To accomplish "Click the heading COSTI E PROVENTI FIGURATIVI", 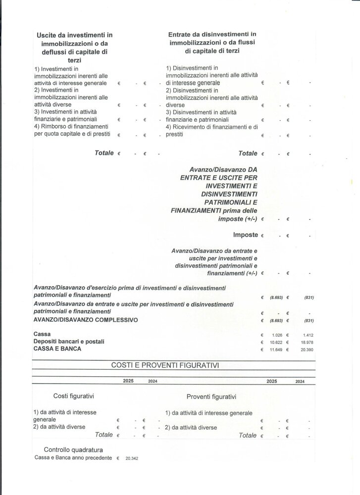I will pos(165,365).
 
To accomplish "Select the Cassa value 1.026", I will pos(276,335).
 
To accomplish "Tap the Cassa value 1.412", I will pos(309,335).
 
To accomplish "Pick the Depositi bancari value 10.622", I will pos(275,342).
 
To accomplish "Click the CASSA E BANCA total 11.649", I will pos(275,349).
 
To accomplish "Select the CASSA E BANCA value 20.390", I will pos(308,349).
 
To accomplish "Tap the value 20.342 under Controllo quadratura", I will pos(132,458).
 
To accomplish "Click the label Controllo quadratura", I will pos(73,450).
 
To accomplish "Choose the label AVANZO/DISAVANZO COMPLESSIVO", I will pos(85,320).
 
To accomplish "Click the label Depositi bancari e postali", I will pos(69,342).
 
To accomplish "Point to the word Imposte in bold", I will pos(245,235).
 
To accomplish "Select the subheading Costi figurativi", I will pos(74,396).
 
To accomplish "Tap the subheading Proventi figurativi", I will pos(211,396).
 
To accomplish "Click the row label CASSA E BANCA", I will pos(57,349).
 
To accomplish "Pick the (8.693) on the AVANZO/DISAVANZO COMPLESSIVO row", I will pos(275,321).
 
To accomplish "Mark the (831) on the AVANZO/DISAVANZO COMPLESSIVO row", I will pos(309,321).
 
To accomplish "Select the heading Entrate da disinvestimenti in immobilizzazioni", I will pos(211,43).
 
